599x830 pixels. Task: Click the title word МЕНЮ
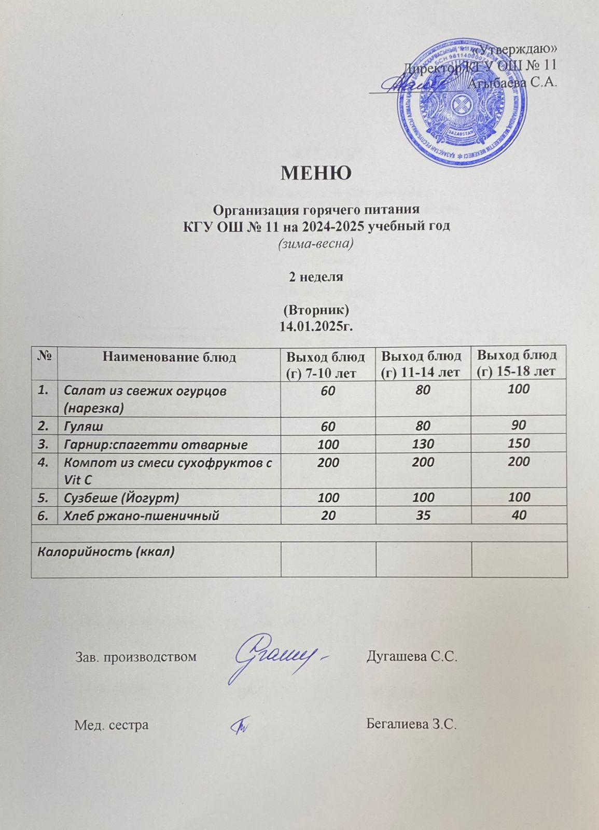[316, 172]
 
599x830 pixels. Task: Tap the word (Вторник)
[316, 311]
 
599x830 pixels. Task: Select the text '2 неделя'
[316, 276]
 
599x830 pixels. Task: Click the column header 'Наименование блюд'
[169, 357]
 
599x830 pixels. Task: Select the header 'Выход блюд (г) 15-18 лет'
[517, 363]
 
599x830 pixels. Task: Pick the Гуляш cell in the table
[83, 426]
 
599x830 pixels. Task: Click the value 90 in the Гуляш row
[518, 426]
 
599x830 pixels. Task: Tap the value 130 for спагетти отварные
[423, 444]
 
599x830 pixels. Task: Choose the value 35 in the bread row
[423, 515]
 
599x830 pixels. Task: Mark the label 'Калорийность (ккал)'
[104, 551]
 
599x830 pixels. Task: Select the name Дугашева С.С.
[412, 657]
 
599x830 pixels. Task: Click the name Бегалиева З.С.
[412, 724]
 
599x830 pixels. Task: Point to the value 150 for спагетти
[518, 444]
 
